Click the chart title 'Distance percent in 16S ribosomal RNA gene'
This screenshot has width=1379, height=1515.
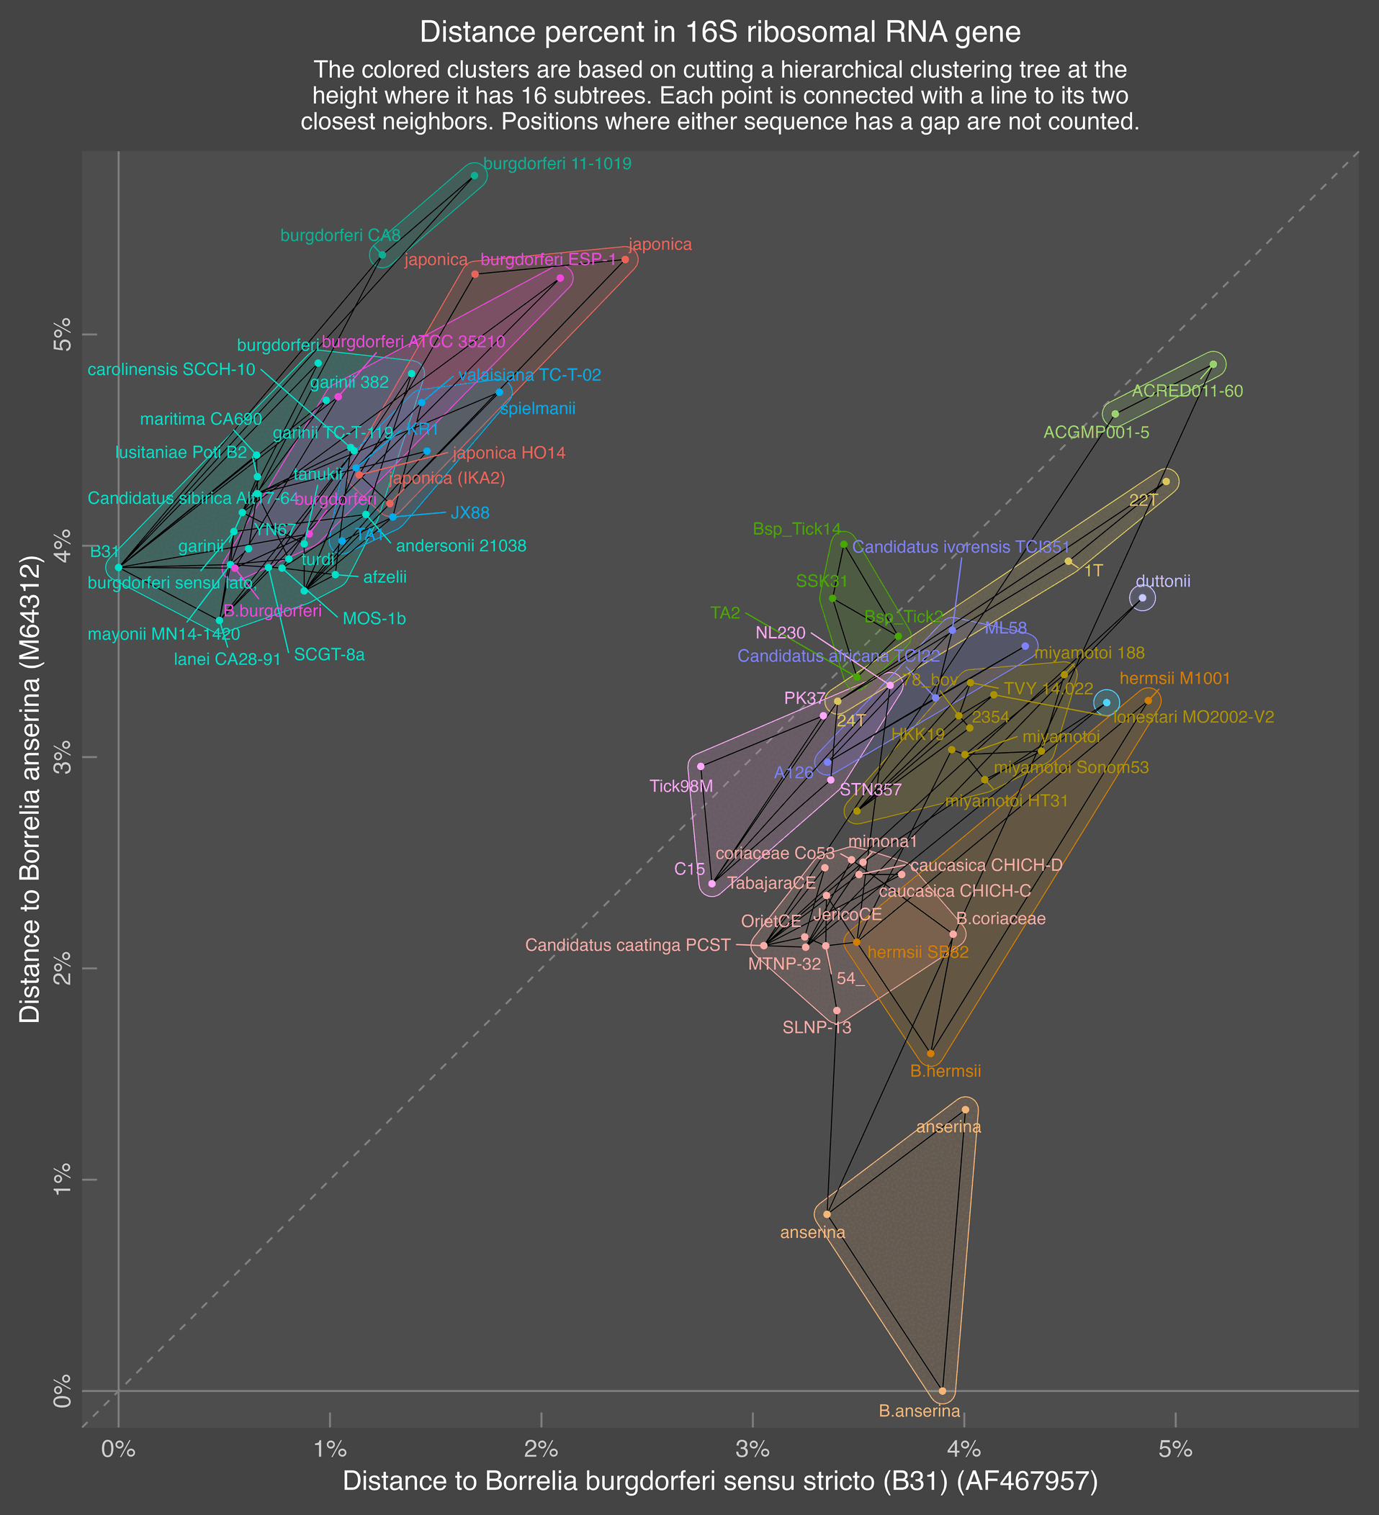pyautogui.click(x=719, y=32)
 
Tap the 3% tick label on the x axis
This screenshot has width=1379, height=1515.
pyautogui.click(x=753, y=1450)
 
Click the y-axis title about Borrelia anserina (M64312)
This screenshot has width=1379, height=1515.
pyautogui.click(x=30, y=788)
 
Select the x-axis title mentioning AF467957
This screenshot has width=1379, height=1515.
pyautogui.click(x=719, y=1480)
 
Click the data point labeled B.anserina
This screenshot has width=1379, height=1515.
pyautogui.click(x=943, y=1391)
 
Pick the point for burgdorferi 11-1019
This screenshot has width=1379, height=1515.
pyautogui.click(x=474, y=175)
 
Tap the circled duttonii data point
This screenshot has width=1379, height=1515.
pyautogui.click(x=1142, y=598)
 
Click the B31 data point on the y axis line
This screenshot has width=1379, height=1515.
pyautogui.click(x=118, y=567)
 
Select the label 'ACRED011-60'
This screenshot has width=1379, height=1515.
pyautogui.click(x=1187, y=392)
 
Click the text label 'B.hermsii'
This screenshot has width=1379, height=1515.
pyautogui.click(x=945, y=1072)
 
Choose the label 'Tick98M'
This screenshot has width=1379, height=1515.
pyautogui.click(x=681, y=787)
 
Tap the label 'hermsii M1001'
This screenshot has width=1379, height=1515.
pyautogui.click(x=1174, y=679)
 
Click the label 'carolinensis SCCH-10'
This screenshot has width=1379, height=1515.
pyautogui.click(x=171, y=370)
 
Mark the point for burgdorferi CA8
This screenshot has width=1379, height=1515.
pyautogui.click(x=382, y=255)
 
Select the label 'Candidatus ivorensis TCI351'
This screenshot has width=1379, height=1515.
pyautogui.click(x=960, y=547)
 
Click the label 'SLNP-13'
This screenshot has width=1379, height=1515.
pyautogui.click(x=817, y=1027)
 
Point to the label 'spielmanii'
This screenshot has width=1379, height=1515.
pyautogui.click(x=538, y=409)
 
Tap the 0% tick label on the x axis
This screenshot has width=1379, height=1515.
pyautogui.click(x=118, y=1450)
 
